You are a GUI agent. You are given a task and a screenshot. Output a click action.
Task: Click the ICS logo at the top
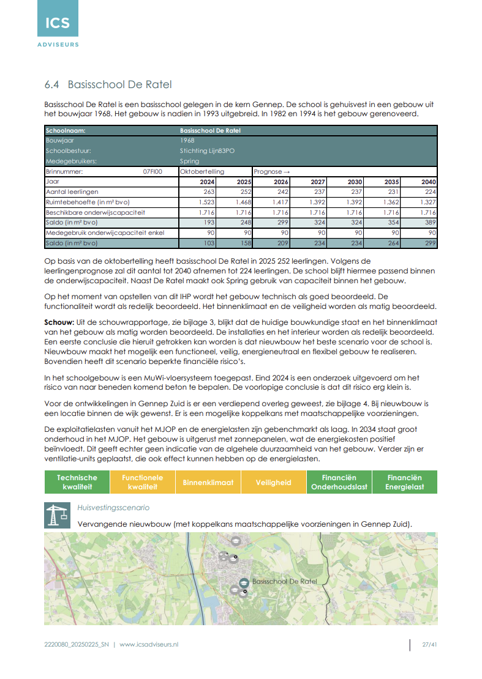pos(57,23)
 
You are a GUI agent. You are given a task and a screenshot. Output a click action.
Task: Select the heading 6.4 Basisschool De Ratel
pos(108,84)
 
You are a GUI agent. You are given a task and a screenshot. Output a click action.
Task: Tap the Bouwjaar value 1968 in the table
pos(187,141)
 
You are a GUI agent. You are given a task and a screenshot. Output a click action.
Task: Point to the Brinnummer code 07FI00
pos(153,172)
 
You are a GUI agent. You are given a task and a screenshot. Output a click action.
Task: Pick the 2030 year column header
pos(355,182)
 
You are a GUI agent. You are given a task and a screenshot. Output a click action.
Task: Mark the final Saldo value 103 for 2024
pos(208,243)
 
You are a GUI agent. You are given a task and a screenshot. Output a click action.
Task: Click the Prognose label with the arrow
pos(271,172)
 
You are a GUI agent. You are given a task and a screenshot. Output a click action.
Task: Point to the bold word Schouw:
pos(60,322)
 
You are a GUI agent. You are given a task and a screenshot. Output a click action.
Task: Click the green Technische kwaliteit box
pos(77,482)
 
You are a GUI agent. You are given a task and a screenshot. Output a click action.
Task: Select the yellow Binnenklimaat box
pos(208,482)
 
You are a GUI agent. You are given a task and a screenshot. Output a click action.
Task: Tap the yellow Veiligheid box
pos(274,482)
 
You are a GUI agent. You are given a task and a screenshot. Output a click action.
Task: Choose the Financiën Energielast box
pos(405,482)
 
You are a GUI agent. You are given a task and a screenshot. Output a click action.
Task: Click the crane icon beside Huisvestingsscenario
pos(57,515)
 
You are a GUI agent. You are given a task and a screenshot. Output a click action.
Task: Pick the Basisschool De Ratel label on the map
pos(284,581)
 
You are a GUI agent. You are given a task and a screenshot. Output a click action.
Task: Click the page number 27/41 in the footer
pos(429,645)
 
